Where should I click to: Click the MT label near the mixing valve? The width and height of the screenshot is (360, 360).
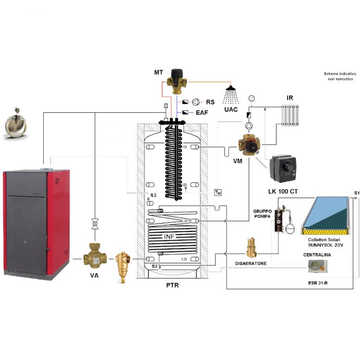pyautogui.click(x=158, y=72)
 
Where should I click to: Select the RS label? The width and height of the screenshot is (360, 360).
pyautogui.click(x=210, y=102)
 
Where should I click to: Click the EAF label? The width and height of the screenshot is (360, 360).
pyautogui.click(x=202, y=112)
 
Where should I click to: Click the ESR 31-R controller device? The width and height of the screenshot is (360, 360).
pyautogui.click(x=317, y=265)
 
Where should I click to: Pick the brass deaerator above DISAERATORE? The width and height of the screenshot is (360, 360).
pyautogui.click(x=250, y=249)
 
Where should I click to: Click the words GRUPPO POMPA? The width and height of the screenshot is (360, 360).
pyautogui.click(x=263, y=214)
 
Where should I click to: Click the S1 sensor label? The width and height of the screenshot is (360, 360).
pyautogui.click(x=357, y=192)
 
